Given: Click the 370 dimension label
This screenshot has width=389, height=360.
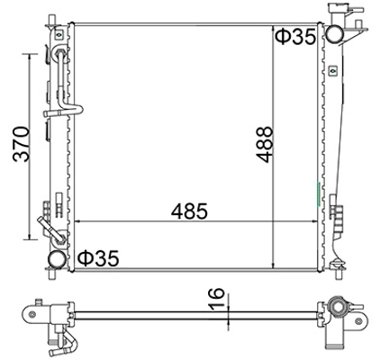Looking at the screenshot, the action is [22, 144].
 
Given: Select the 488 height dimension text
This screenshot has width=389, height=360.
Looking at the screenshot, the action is [264, 145].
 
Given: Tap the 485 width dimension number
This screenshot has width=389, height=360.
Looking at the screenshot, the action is [189, 211].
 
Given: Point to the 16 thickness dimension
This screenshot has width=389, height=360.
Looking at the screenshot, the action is [216, 299].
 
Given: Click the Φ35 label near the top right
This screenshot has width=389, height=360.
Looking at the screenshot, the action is [295, 37].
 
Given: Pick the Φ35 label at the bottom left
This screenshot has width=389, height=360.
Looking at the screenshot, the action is [98, 258].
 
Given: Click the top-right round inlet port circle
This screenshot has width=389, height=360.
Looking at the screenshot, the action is [335, 34].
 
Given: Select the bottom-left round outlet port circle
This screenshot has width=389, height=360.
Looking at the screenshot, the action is [58, 260].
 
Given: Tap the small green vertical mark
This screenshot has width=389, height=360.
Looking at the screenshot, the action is [319, 194].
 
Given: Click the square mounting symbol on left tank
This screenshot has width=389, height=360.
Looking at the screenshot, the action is [59, 35].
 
